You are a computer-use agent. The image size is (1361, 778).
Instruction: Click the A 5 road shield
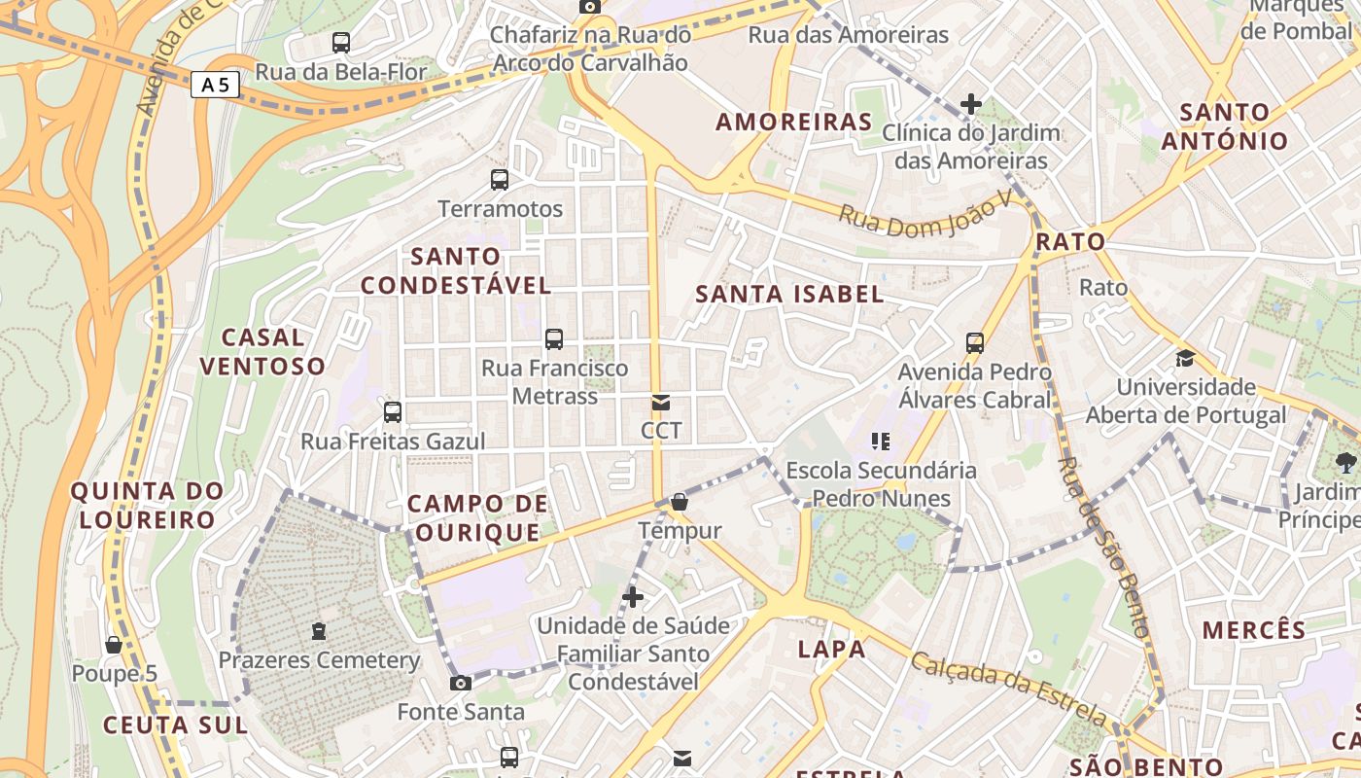215,86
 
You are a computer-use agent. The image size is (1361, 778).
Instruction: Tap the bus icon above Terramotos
500,179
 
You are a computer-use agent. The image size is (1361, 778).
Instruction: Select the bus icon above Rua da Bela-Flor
340,42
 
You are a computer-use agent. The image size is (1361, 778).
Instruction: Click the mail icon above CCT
661,402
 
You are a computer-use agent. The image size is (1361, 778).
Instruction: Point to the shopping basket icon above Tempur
680,502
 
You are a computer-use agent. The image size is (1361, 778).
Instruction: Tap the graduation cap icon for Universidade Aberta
1185,358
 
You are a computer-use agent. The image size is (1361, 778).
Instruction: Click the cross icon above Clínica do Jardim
970,103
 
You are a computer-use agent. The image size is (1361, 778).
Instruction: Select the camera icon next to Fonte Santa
461,683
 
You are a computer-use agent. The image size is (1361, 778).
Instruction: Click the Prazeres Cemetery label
319,660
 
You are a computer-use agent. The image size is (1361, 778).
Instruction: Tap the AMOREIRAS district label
794,123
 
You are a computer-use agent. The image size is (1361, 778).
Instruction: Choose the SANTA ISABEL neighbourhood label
789,294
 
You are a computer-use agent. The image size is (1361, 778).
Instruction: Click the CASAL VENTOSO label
262,352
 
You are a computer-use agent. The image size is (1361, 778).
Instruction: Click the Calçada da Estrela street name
1008,690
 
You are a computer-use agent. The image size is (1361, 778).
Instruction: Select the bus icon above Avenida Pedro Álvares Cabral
975,342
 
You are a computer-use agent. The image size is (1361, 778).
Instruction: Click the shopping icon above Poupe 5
114,645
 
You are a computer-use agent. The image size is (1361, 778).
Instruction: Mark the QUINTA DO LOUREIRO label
147,505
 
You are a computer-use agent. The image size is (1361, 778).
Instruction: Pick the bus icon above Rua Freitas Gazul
393,411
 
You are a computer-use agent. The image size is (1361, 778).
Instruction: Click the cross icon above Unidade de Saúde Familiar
633,595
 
